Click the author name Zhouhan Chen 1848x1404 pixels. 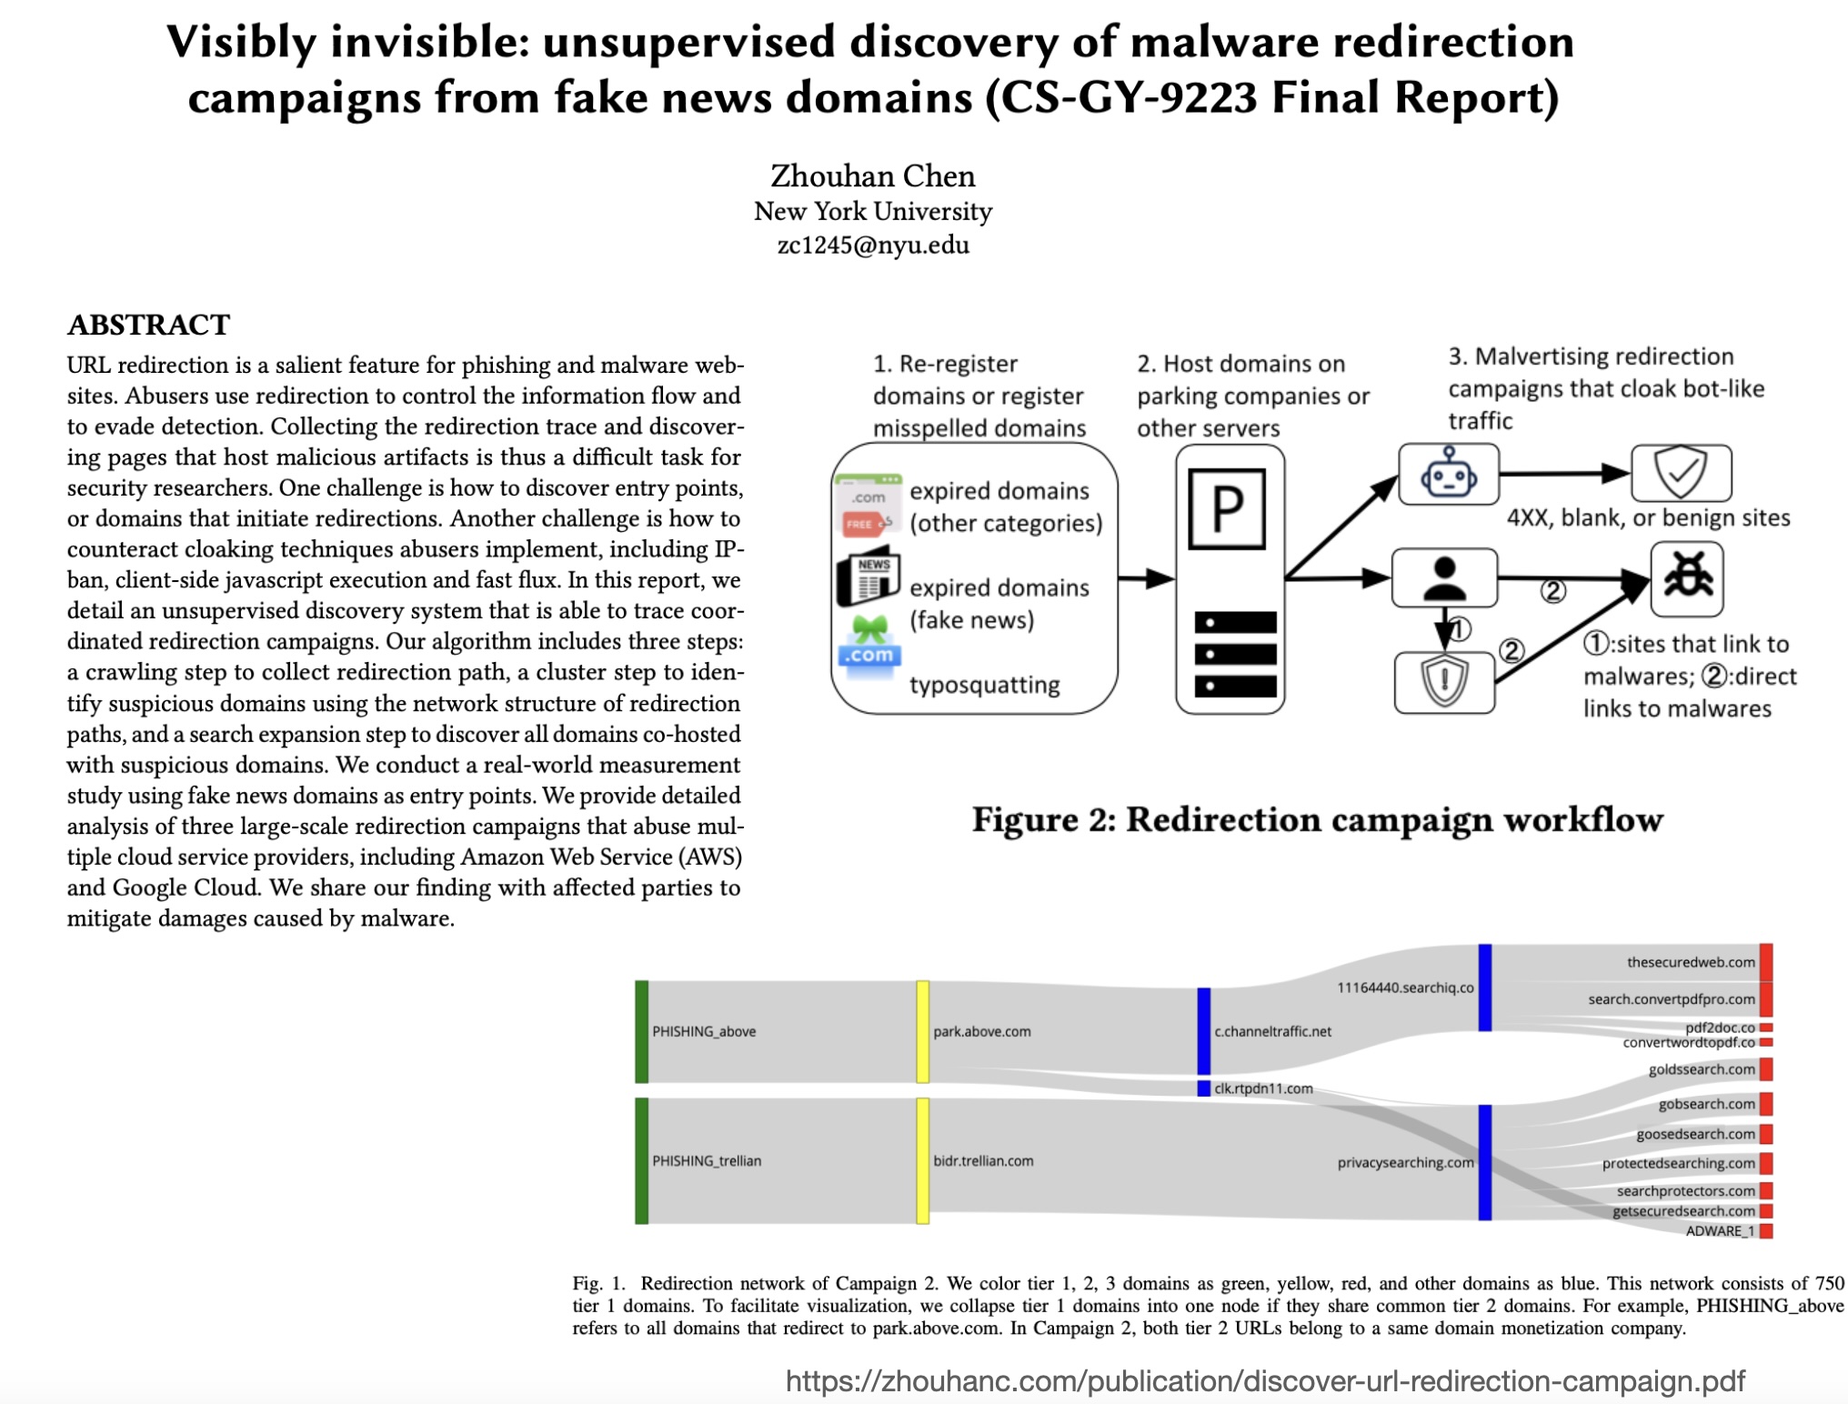(872, 175)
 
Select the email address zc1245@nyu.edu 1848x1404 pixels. (872, 246)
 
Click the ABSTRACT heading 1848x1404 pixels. (148, 325)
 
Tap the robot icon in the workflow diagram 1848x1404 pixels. (1448, 474)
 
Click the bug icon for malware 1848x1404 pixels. (1687, 578)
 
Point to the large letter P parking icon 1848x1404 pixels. (1227, 508)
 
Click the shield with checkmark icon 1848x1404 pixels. (1681, 473)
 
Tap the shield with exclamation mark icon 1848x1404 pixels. (1444, 682)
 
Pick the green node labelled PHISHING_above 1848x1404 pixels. (642, 1031)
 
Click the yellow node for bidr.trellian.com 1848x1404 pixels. (922, 1160)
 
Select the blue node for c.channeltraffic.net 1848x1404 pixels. (1203, 1031)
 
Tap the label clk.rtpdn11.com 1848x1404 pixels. (1263, 1088)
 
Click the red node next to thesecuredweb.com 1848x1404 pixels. (1765, 962)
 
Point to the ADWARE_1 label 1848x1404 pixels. (1720, 1231)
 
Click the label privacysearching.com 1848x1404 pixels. (1405, 1162)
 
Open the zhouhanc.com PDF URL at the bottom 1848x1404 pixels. (1265, 1381)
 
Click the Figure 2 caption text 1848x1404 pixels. (1317, 819)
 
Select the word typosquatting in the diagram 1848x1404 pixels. (984, 685)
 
